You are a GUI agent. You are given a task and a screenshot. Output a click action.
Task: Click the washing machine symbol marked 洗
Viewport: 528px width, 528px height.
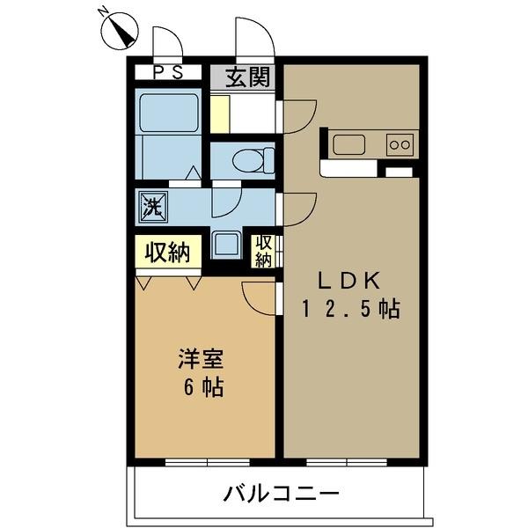(151, 208)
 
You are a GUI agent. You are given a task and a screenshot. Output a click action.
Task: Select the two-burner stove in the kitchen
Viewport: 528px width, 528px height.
(400, 143)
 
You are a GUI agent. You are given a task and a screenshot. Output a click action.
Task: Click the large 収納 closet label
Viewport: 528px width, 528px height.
(167, 253)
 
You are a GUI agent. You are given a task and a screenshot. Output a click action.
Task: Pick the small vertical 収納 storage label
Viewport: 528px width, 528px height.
(264, 250)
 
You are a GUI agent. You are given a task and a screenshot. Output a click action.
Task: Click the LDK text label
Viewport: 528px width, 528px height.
(348, 281)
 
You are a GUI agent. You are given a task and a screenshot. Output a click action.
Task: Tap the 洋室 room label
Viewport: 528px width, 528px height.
(201, 359)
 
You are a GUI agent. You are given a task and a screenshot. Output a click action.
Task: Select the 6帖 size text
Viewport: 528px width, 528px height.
(201, 387)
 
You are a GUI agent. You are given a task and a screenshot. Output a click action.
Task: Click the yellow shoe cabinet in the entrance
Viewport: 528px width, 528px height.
(219, 113)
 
